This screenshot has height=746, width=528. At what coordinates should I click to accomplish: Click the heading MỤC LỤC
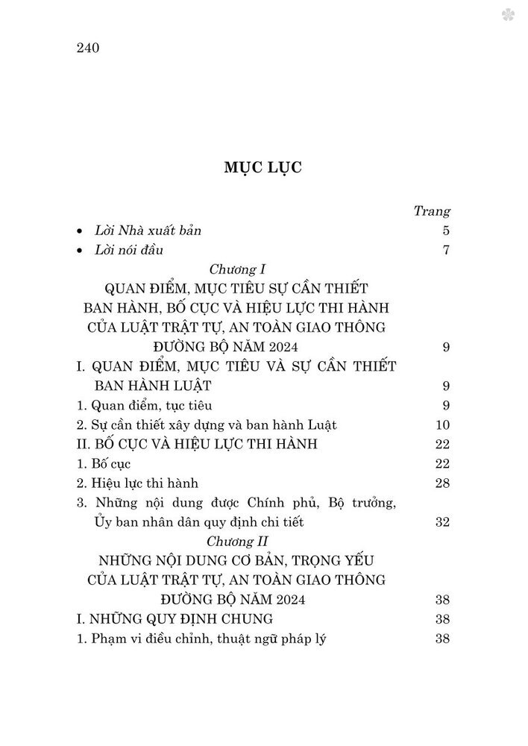[263, 167]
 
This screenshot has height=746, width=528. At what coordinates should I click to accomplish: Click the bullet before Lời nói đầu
[80, 251]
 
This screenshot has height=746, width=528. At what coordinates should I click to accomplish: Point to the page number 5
[445, 231]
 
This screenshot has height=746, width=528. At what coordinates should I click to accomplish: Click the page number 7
[445, 250]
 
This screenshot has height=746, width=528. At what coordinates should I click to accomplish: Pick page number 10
[441, 424]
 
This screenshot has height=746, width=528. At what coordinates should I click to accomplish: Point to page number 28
[441, 483]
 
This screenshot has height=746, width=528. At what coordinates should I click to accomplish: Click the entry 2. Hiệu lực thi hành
[138, 483]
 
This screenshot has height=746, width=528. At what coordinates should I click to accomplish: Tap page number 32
[441, 521]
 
